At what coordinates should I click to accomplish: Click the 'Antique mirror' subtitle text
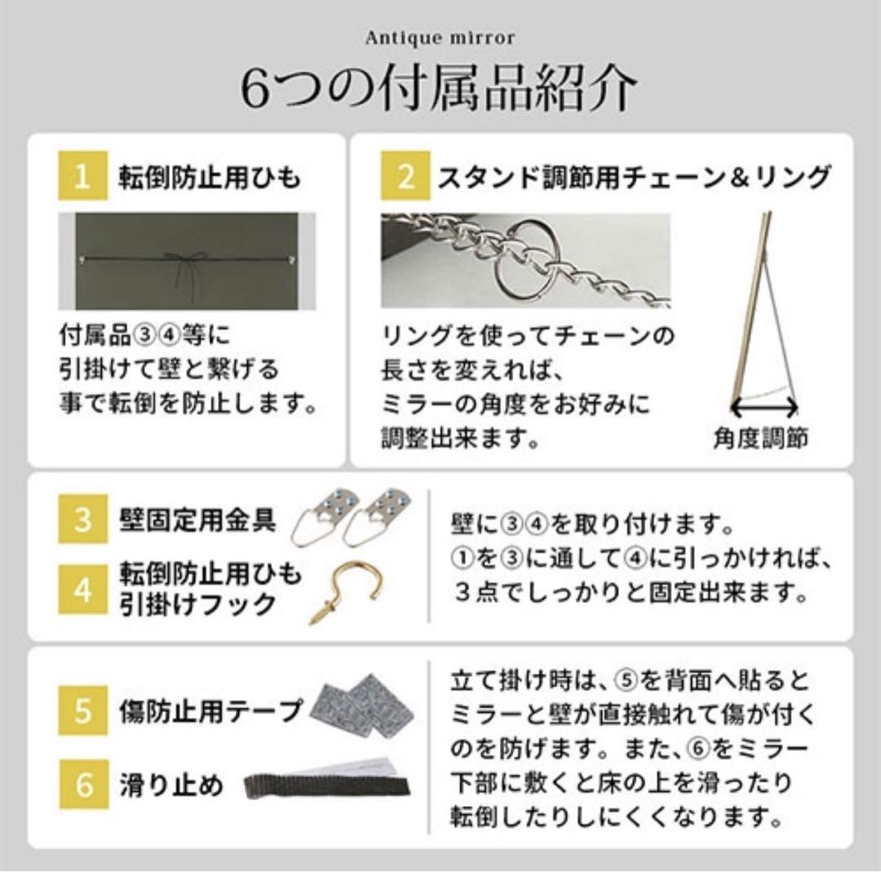[440, 38]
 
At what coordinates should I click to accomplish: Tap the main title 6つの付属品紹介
[440, 88]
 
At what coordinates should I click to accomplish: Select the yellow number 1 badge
[82, 177]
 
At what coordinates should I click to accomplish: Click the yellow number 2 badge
[405, 177]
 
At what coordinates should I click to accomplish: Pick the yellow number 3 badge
[82, 520]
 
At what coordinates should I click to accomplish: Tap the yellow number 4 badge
[82, 589]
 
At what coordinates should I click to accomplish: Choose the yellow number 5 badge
[82, 710]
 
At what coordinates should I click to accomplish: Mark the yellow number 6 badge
[82, 786]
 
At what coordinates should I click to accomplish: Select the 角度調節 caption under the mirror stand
[760, 440]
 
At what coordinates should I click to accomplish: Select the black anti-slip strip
[326, 786]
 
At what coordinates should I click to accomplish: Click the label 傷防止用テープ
[210, 710]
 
